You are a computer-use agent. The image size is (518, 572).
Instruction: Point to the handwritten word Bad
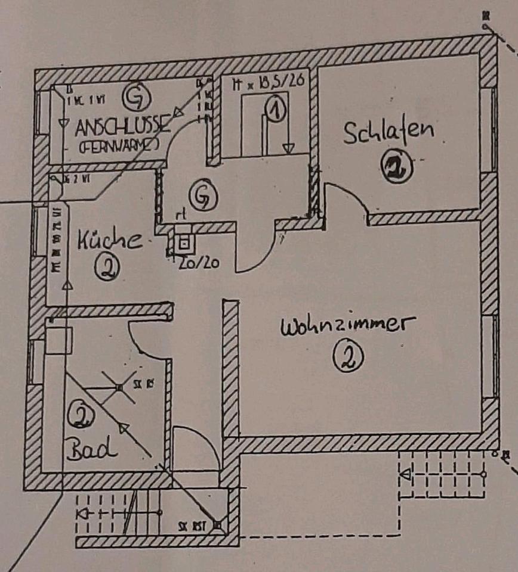(x=91, y=449)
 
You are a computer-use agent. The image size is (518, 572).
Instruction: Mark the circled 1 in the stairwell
(x=275, y=110)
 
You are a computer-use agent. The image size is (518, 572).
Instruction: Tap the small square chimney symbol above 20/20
(x=184, y=243)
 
